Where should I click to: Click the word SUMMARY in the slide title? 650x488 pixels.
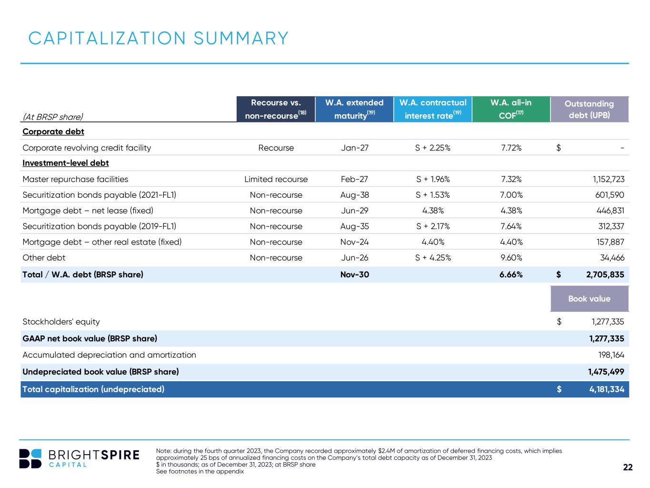[241, 38]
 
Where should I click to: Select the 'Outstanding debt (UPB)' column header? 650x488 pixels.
[590, 109]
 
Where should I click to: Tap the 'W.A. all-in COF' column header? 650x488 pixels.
[511, 109]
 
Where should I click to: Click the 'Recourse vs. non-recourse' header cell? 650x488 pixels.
[276, 109]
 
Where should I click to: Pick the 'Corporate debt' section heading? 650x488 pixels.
[53, 132]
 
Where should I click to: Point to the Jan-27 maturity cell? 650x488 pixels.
[354, 148]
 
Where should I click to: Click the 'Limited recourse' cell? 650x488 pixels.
[276, 179]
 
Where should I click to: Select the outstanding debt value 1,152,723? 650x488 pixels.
[609, 179]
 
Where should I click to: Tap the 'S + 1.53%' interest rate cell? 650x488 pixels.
[433, 194]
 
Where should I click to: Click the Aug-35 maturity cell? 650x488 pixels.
[354, 226]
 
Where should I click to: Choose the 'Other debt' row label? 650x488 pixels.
[44, 257]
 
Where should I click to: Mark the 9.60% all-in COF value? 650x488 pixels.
[511, 257]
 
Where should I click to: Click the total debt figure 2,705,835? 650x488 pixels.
[605, 274]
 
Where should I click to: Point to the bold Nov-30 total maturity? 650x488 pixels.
[354, 274]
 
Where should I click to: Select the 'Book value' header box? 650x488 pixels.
[590, 299]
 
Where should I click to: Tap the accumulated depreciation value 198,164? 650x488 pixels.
[611, 355]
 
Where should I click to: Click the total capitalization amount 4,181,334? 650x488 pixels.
[607, 389]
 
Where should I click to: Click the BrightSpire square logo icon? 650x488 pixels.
[30, 458]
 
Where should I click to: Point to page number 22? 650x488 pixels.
[628, 467]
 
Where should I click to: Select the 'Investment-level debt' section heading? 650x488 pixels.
[66, 163]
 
